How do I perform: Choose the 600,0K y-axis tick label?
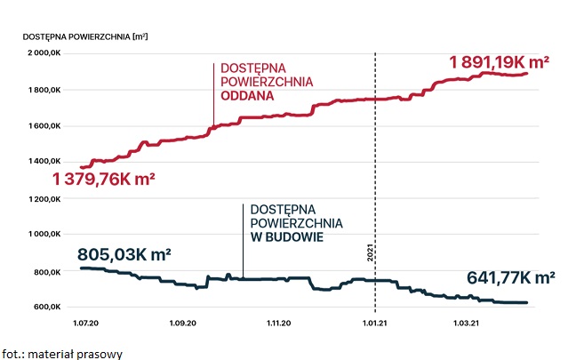[x=47, y=308]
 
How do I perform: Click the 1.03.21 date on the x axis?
[x=468, y=324]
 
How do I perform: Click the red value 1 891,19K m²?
[x=499, y=63]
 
